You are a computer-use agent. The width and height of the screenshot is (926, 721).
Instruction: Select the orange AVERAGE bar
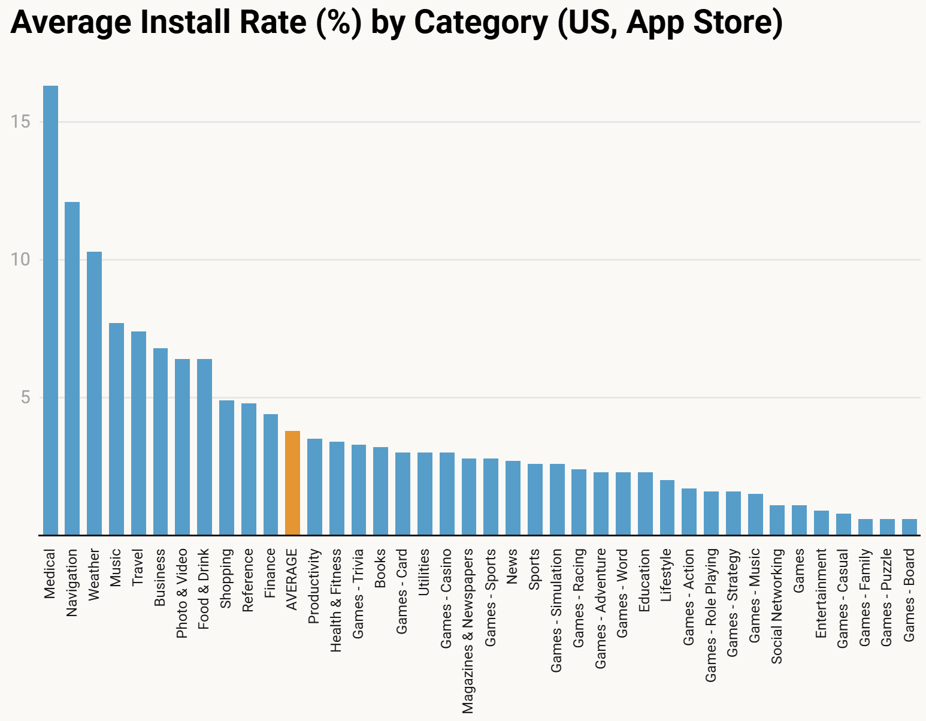pyautogui.click(x=292, y=482)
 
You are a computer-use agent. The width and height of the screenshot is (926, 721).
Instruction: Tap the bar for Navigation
pyautogui.click(x=72, y=368)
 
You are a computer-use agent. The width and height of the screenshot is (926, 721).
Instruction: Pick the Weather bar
pyautogui.click(x=94, y=393)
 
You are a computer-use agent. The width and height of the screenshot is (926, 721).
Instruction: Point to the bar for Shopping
pyautogui.click(x=226, y=467)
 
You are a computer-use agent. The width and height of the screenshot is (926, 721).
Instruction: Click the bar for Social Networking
pyautogui.click(x=777, y=520)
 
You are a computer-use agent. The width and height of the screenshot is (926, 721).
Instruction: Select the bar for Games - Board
pyautogui.click(x=909, y=527)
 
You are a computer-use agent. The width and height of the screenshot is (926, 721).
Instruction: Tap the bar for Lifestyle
pyautogui.click(x=667, y=507)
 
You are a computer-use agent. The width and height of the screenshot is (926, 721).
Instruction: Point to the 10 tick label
pyautogui.click(x=20, y=260)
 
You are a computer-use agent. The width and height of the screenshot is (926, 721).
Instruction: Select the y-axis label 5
pyautogui.click(x=25, y=398)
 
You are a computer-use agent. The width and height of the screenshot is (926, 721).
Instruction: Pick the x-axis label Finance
pyautogui.click(x=270, y=572)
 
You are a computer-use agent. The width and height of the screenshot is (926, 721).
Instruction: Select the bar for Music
pyautogui.click(x=116, y=429)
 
